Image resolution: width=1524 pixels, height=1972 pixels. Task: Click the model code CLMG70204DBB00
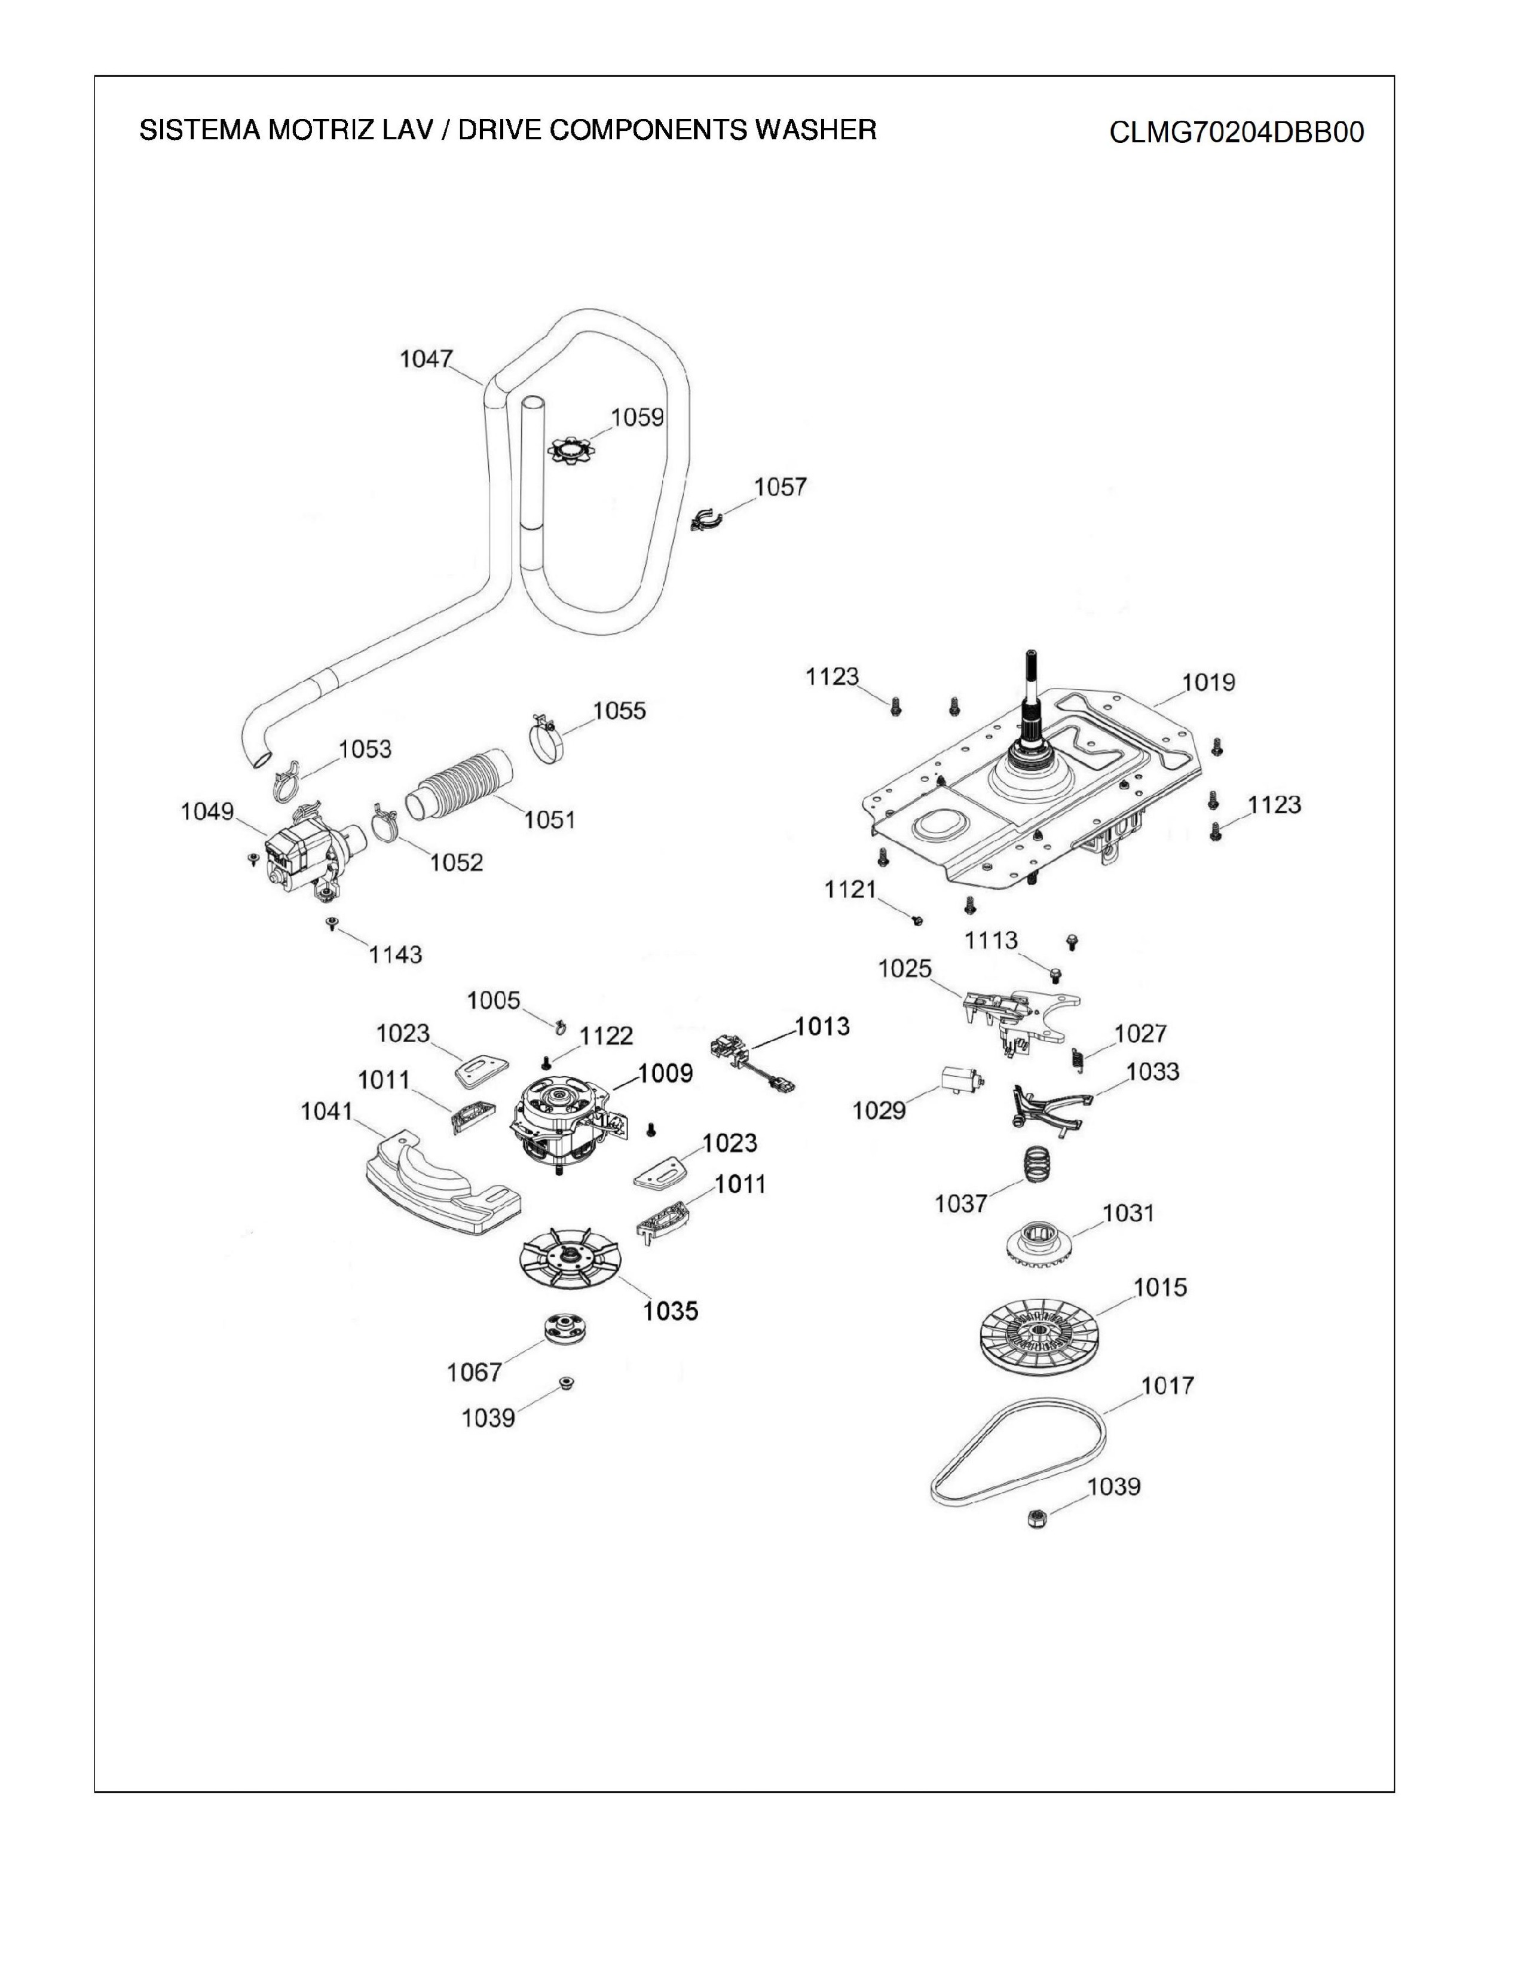1236,133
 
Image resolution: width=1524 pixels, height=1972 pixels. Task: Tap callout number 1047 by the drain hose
426,359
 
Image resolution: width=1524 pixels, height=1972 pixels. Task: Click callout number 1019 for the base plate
1208,682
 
